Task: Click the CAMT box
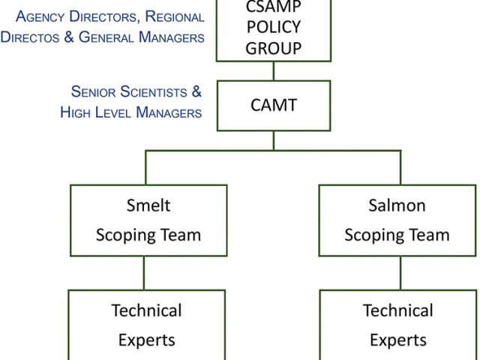274,106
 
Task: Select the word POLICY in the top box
274,27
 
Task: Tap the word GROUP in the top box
274,48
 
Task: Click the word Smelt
148,205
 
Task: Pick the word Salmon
397,205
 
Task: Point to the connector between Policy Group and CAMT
274,71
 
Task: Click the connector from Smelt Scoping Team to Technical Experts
144,273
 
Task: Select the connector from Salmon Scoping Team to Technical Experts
400,273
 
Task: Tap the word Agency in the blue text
40,17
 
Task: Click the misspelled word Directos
30,37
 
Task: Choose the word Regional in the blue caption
175,16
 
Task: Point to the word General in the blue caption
106,37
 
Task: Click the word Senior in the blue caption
93,91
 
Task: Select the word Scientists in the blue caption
153,91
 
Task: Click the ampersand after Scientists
196,91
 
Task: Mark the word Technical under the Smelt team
147,310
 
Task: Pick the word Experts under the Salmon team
398,340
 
